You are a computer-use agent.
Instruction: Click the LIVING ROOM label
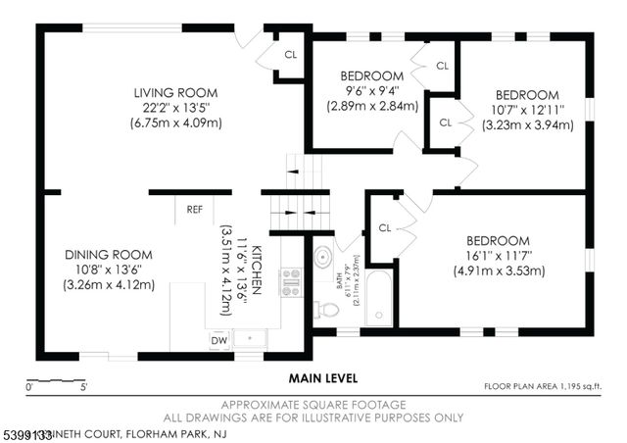(x=176, y=93)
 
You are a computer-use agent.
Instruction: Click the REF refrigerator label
(x=195, y=209)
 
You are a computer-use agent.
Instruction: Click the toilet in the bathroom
(x=326, y=310)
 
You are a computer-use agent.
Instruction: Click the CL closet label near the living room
(x=290, y=55)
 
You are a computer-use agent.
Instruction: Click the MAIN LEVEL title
(x=322, y=377)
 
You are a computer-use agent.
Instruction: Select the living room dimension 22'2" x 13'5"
(x=176, y=108)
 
